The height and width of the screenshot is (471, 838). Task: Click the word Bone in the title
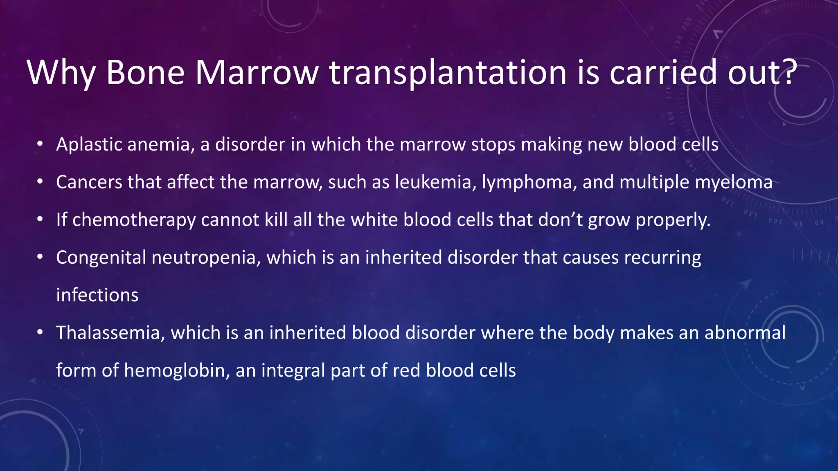point(145,73)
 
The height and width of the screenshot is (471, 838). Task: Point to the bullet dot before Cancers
point(40,182)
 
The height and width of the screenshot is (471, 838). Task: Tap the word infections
point(97,295)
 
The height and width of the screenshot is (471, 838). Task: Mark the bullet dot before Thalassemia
point(40,332)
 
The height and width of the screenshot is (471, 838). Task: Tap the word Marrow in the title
point(257,73)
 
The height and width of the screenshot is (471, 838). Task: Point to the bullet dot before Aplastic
point(40,144)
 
